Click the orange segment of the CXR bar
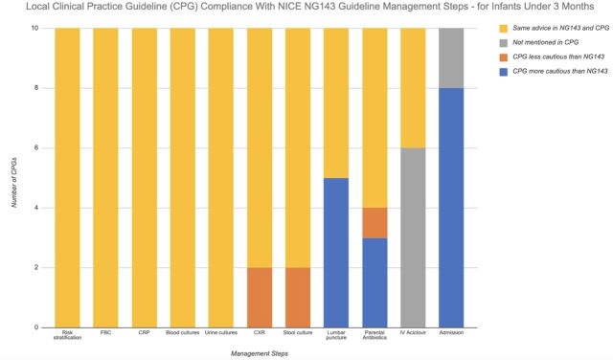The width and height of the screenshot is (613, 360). tap(260, 298)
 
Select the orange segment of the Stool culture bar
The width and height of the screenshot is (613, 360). tap(298, 298)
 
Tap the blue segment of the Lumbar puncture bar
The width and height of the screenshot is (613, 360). tap(336, 253)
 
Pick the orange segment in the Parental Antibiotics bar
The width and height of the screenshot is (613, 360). tap(375, 223)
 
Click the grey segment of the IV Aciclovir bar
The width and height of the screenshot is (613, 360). tap(413, 237)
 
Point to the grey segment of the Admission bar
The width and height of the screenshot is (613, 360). tap(451, 58)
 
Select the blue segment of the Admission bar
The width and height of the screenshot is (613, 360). tap(451, 208)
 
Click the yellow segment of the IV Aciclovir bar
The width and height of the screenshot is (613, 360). tap(413, 88)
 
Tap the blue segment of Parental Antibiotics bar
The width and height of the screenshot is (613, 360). tap(375, 282)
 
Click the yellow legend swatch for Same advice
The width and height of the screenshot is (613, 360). tap(504, 29)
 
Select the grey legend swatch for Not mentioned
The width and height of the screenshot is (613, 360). tap(504, 42)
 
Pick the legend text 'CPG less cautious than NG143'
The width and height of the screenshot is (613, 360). tap(558, 56)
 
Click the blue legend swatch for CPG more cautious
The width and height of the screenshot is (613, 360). tap(504, 72)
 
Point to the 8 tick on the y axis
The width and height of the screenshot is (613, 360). tap(36, 88)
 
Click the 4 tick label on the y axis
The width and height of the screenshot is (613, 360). tap(36, 208)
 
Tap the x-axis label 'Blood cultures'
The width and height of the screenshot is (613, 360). tap(183, 332)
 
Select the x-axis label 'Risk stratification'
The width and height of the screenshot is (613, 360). tap(67, 335)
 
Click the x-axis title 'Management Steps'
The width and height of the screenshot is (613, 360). tap(260, 353)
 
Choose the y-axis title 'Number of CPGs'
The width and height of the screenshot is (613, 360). tap(14, 182)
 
